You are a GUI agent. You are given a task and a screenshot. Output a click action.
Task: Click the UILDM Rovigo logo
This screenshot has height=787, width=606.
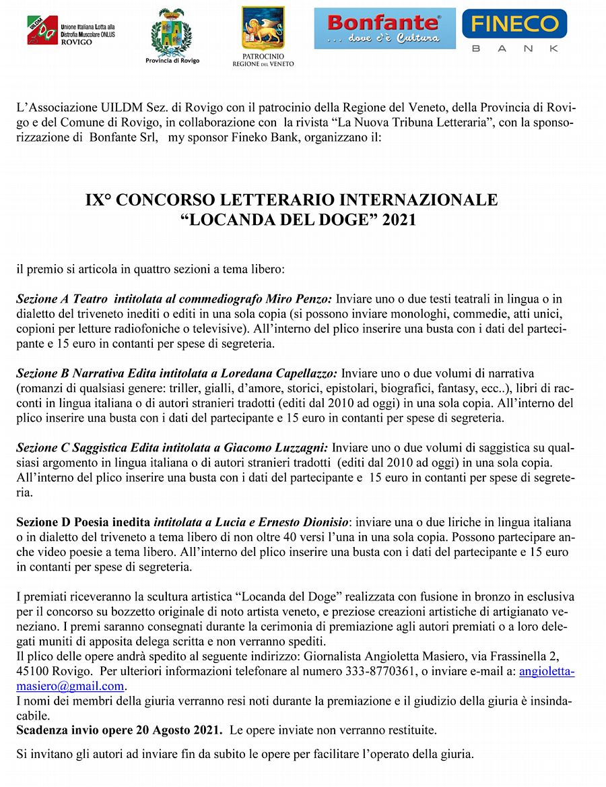tap(70, 30)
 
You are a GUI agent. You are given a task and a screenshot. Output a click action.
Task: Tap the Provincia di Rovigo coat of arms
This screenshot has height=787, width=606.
tap(172, 34)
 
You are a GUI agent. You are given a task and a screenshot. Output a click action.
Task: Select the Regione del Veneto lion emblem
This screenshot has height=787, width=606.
tap(263, 28)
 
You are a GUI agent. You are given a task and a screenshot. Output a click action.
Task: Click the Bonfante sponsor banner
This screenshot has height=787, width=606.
tap(384, 28)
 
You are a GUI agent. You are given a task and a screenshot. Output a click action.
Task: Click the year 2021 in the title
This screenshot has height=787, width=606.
tap(399, 220)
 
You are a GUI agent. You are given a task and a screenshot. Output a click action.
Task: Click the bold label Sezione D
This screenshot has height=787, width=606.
tap(43, 522)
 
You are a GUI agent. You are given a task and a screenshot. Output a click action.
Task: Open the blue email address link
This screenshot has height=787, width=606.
tap(545, 672)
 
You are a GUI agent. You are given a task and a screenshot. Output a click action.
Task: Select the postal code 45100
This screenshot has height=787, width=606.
tap(33, 672)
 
